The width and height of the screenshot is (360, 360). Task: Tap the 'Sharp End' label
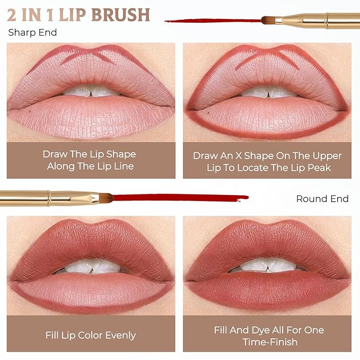pos(32,33)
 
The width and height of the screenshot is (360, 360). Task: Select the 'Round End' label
pos(322,199)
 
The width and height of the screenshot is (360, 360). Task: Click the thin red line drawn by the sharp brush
pos(212,21)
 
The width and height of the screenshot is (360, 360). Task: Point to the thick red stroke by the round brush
pos(175,198)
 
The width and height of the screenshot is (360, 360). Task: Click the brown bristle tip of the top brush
pos(268,21)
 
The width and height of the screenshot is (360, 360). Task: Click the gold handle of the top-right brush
pos(318,20)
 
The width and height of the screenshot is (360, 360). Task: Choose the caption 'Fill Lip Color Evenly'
pos(90,335)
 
